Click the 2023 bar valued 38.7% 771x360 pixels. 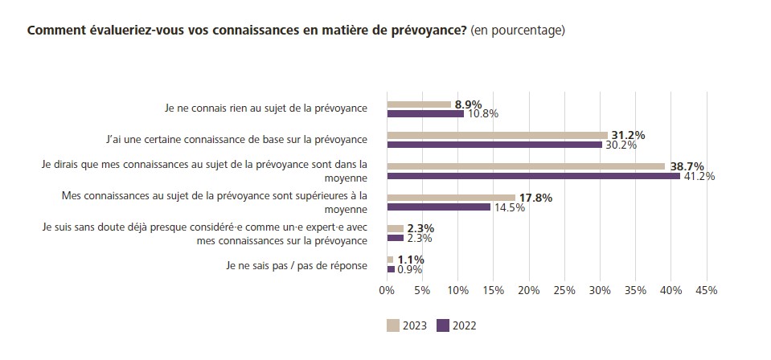525,166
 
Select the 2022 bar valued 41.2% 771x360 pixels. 533,176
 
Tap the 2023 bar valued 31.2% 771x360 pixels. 497,135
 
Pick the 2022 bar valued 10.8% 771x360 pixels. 424,114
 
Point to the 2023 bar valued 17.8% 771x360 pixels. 450,198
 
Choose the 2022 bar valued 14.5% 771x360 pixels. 438,207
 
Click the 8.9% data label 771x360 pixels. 468,104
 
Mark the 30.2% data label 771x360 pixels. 621,145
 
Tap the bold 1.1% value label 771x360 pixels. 410,260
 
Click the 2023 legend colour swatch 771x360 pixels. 393,325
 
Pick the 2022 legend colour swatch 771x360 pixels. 442,325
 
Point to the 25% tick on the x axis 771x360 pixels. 564,290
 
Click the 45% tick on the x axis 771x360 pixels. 705,290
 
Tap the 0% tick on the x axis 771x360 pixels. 387,290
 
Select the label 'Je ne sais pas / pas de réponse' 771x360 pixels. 297,264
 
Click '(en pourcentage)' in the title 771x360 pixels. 519,31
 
